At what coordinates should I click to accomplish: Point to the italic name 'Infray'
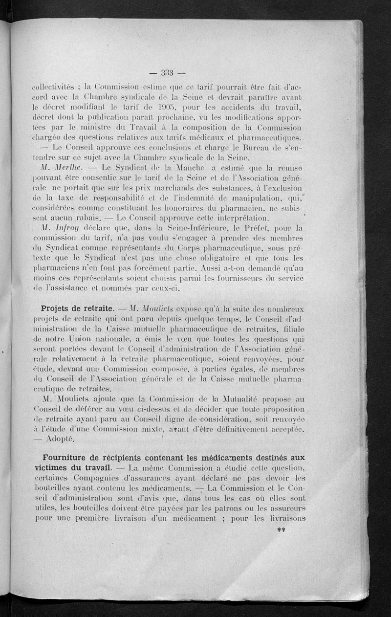point(72,228)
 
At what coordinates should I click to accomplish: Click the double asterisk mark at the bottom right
point(281,530)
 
